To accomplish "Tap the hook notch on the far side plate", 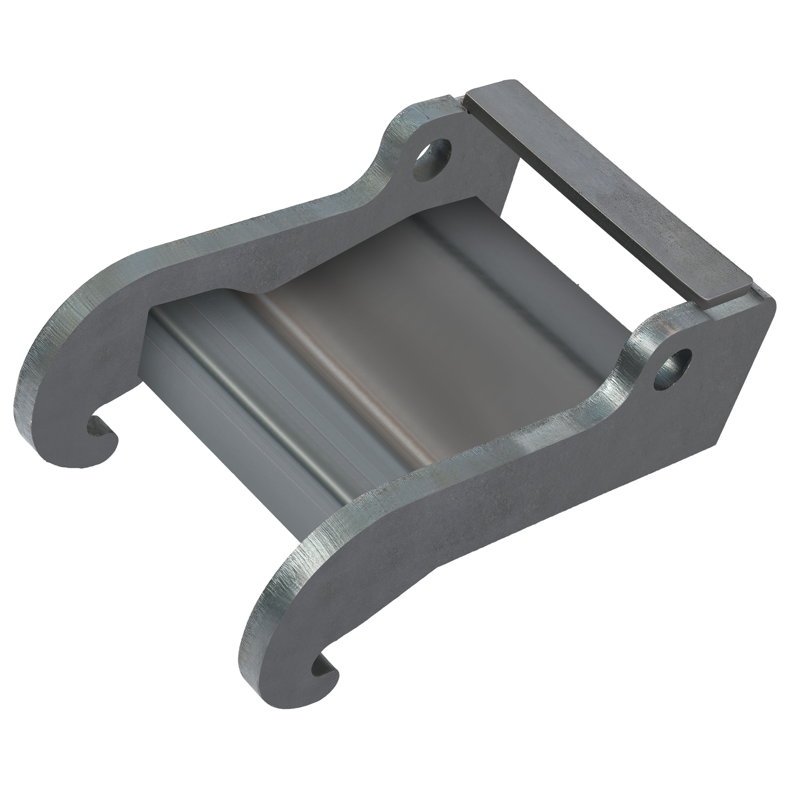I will (101, 426).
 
